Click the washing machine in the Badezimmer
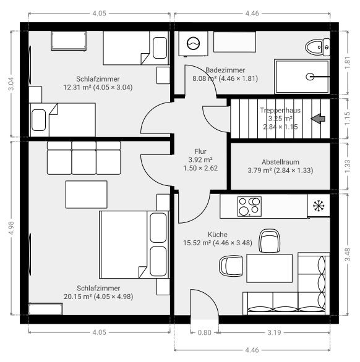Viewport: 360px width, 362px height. (x=193, y=43)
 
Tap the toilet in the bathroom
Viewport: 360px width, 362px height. (x=317, y=47)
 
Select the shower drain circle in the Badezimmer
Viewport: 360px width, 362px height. (x=310, y=77)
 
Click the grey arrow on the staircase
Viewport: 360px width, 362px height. (x=318, y=119)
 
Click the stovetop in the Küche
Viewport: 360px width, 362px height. (x=249, y=206)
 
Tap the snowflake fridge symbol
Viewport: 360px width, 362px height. (x=319, y=206)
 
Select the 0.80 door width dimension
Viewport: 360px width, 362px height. (x=204, y=332)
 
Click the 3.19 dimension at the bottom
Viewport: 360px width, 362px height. (x=274, y=332)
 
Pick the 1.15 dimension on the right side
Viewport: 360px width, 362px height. (x=347, y=119)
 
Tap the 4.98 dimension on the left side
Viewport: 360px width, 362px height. (x=11, y=228)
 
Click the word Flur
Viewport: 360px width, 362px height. (x=200, y=151)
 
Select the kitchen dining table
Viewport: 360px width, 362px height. (x=269, y=268)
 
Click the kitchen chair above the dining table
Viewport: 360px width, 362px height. (x=269, y=240)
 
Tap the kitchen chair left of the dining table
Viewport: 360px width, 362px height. (x=231, y=266)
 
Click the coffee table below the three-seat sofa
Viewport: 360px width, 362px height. (x=87, y=195)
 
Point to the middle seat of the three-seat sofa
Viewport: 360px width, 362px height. (x=84, y=158)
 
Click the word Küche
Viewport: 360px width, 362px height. (x=218, y=235)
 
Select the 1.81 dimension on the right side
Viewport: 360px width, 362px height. (x=347, y=63)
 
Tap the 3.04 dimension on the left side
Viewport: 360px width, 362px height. (x=11, y=83)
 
